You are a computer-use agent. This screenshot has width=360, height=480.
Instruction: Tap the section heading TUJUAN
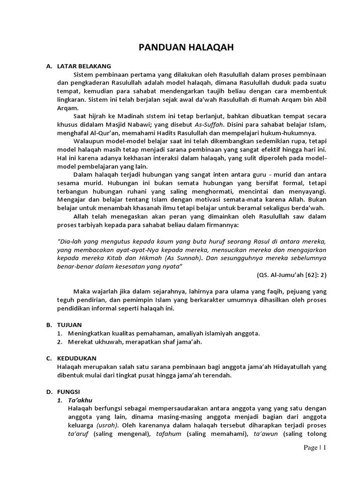coord(69,324)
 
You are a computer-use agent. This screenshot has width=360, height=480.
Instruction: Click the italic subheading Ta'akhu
coord(79,400)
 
